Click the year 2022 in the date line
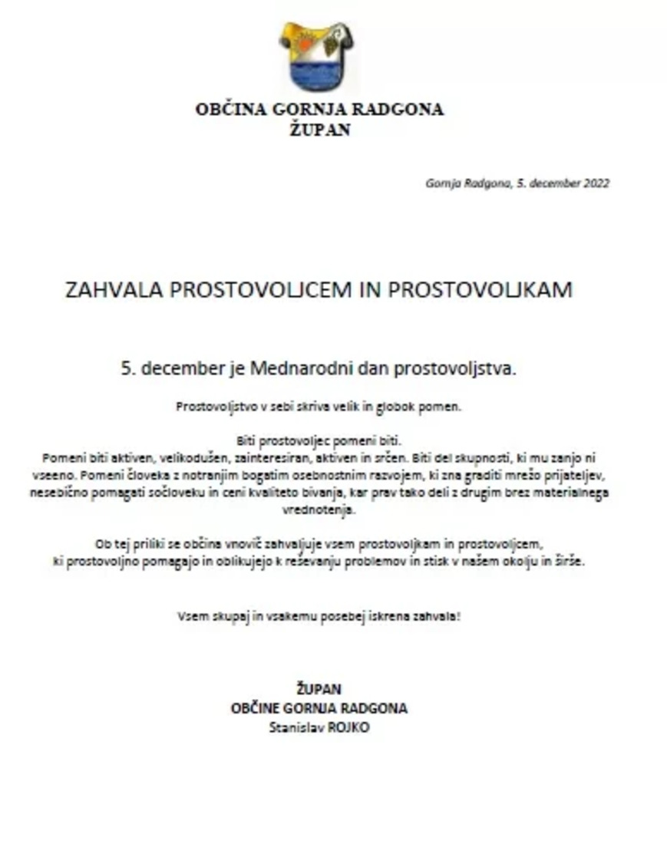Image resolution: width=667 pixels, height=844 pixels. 596,183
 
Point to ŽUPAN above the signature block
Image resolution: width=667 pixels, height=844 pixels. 319,689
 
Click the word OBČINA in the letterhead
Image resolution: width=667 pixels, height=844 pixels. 230,109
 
